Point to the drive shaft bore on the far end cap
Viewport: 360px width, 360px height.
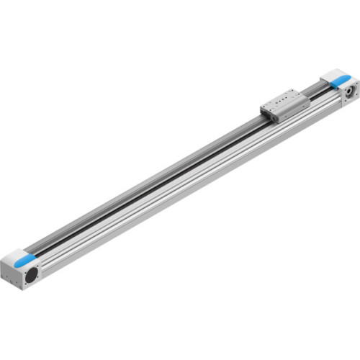click(x=348, y=91)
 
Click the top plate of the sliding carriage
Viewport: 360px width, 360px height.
click(x=285, y=99)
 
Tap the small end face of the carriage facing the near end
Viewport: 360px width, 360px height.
click(x=266, y=112)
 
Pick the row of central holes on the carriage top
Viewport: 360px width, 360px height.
click(x=286, y=99)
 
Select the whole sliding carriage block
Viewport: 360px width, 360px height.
click(x=285, y=104)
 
